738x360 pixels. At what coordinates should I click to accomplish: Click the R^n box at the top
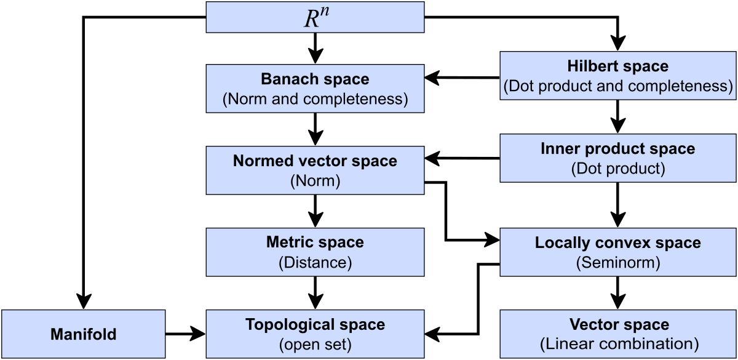click(315, 17)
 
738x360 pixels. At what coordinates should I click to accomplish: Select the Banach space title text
click(315, 79)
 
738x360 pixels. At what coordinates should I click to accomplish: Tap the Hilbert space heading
click(618, 66)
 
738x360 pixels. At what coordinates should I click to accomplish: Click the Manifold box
click(83, 334)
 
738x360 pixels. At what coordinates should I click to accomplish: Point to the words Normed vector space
click(315, 161)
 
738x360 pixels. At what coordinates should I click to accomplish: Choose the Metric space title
click(315, 242)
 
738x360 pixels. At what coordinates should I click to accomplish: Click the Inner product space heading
click(618, 149)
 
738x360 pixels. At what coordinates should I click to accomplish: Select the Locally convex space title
click(618, 242)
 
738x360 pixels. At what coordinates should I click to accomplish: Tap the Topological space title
click(315, 324)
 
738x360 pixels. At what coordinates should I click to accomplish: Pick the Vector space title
click(618, 324)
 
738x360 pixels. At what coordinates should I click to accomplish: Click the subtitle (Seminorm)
click(618, 263)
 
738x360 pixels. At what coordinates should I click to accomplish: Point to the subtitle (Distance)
click(315, 263)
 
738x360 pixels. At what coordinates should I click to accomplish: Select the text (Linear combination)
click(618, 344)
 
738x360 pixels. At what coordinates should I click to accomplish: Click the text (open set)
click(315, 344)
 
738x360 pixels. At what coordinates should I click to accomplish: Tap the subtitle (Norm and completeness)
click(315, 99)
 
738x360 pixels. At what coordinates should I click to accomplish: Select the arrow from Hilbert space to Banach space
click(461, 78)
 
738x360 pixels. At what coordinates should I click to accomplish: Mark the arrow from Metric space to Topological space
click(315, 293)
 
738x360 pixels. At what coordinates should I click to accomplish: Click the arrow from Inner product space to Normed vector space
click(461, 159)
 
